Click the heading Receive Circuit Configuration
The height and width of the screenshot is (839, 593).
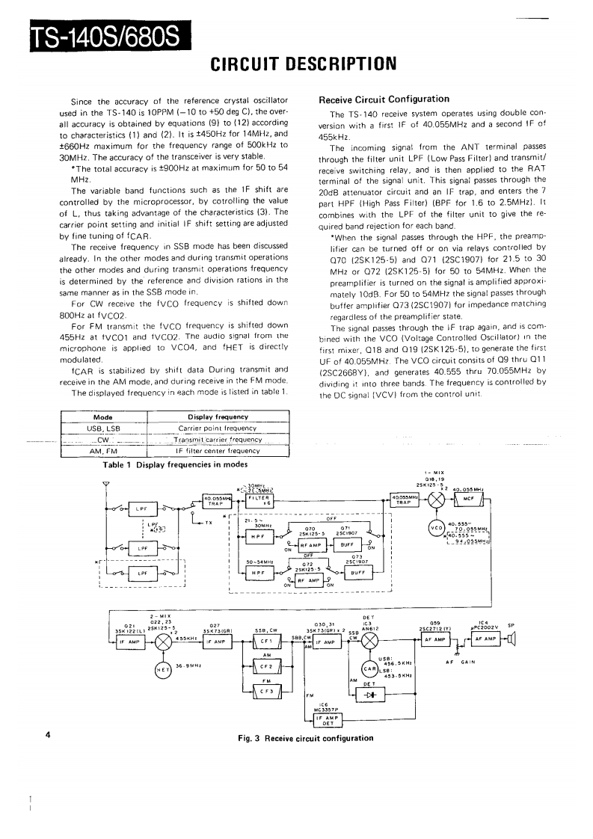(384, 99)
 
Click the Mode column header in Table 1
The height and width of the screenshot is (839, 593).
(102, 417)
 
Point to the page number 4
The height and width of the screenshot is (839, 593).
(47, 735)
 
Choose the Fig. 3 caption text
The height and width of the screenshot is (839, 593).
(305, 738)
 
